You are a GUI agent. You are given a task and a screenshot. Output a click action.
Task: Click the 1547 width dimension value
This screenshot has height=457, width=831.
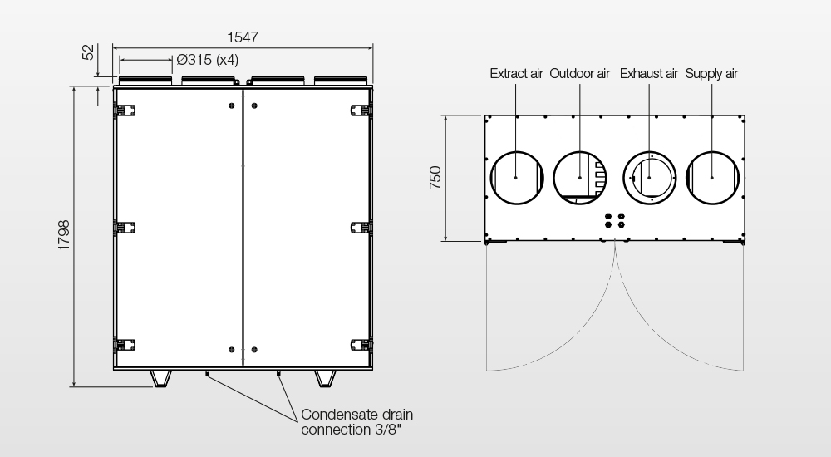pos(243,37)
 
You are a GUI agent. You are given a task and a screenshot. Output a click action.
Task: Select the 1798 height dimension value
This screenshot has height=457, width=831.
pos(64,235)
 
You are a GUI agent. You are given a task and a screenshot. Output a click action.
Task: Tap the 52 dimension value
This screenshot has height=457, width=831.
pos(89,52)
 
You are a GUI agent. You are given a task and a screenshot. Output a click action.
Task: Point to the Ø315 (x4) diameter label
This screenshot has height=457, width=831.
pos(207,59)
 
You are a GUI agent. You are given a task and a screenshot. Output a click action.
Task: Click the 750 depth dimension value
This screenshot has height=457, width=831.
pos(435,178)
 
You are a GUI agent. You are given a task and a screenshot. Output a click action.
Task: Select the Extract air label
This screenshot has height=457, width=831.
pos(516,74)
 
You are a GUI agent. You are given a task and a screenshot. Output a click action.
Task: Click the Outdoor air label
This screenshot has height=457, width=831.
pos(579,74)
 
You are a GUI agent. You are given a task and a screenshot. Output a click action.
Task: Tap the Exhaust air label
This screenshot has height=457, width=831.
pos(649,74)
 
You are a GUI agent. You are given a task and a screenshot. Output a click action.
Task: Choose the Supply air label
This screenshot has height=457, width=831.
pos(711,74)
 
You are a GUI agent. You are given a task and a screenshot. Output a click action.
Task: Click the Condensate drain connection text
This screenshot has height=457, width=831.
pos(356,422)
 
